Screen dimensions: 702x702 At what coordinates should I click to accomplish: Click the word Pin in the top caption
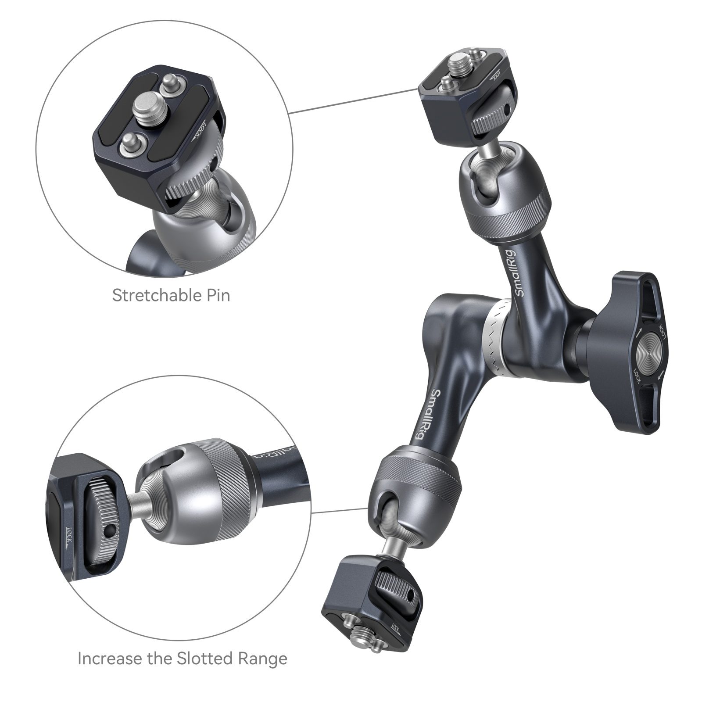(x=218, y=295)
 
